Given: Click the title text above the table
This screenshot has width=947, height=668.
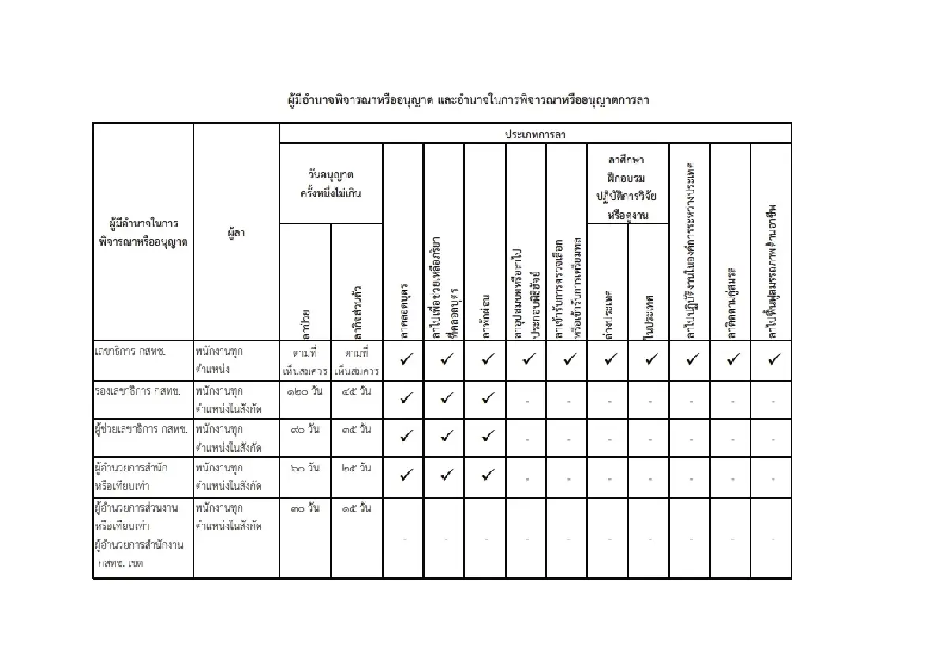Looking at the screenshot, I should click(x=469, y=101).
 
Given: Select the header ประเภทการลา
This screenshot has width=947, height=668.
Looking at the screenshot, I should click(x=535, y=134).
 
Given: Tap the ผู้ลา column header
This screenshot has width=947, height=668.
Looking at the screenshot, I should click(x=236, y=233).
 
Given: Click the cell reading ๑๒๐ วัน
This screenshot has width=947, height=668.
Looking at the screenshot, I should click(x=305, y=390).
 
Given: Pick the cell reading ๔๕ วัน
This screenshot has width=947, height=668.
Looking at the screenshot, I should click(x=357, y=390).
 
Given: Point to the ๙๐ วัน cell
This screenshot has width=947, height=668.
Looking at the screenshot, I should click(x=305, y=429).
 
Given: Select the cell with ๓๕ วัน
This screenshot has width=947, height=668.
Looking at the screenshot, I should click(x=357, y=429).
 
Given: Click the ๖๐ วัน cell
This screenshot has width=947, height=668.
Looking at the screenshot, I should click(x=305, y=467).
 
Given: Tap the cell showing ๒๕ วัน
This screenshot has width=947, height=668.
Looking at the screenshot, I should click(x=357, y=467).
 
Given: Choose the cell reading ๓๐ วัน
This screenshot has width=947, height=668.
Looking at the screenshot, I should click(x=305, y=508).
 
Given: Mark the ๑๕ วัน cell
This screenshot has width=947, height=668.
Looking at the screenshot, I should click(x=357, y=508).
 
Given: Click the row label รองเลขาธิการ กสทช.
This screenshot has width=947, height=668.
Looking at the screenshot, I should click(x=138, y=391).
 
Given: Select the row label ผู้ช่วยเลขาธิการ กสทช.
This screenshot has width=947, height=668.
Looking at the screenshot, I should click(x=141, y=430).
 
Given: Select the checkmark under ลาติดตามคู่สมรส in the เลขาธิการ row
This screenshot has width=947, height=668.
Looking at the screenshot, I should click(x=732, y=359).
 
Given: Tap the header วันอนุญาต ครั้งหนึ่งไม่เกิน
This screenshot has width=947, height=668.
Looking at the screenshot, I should click(x=331, y=183).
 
